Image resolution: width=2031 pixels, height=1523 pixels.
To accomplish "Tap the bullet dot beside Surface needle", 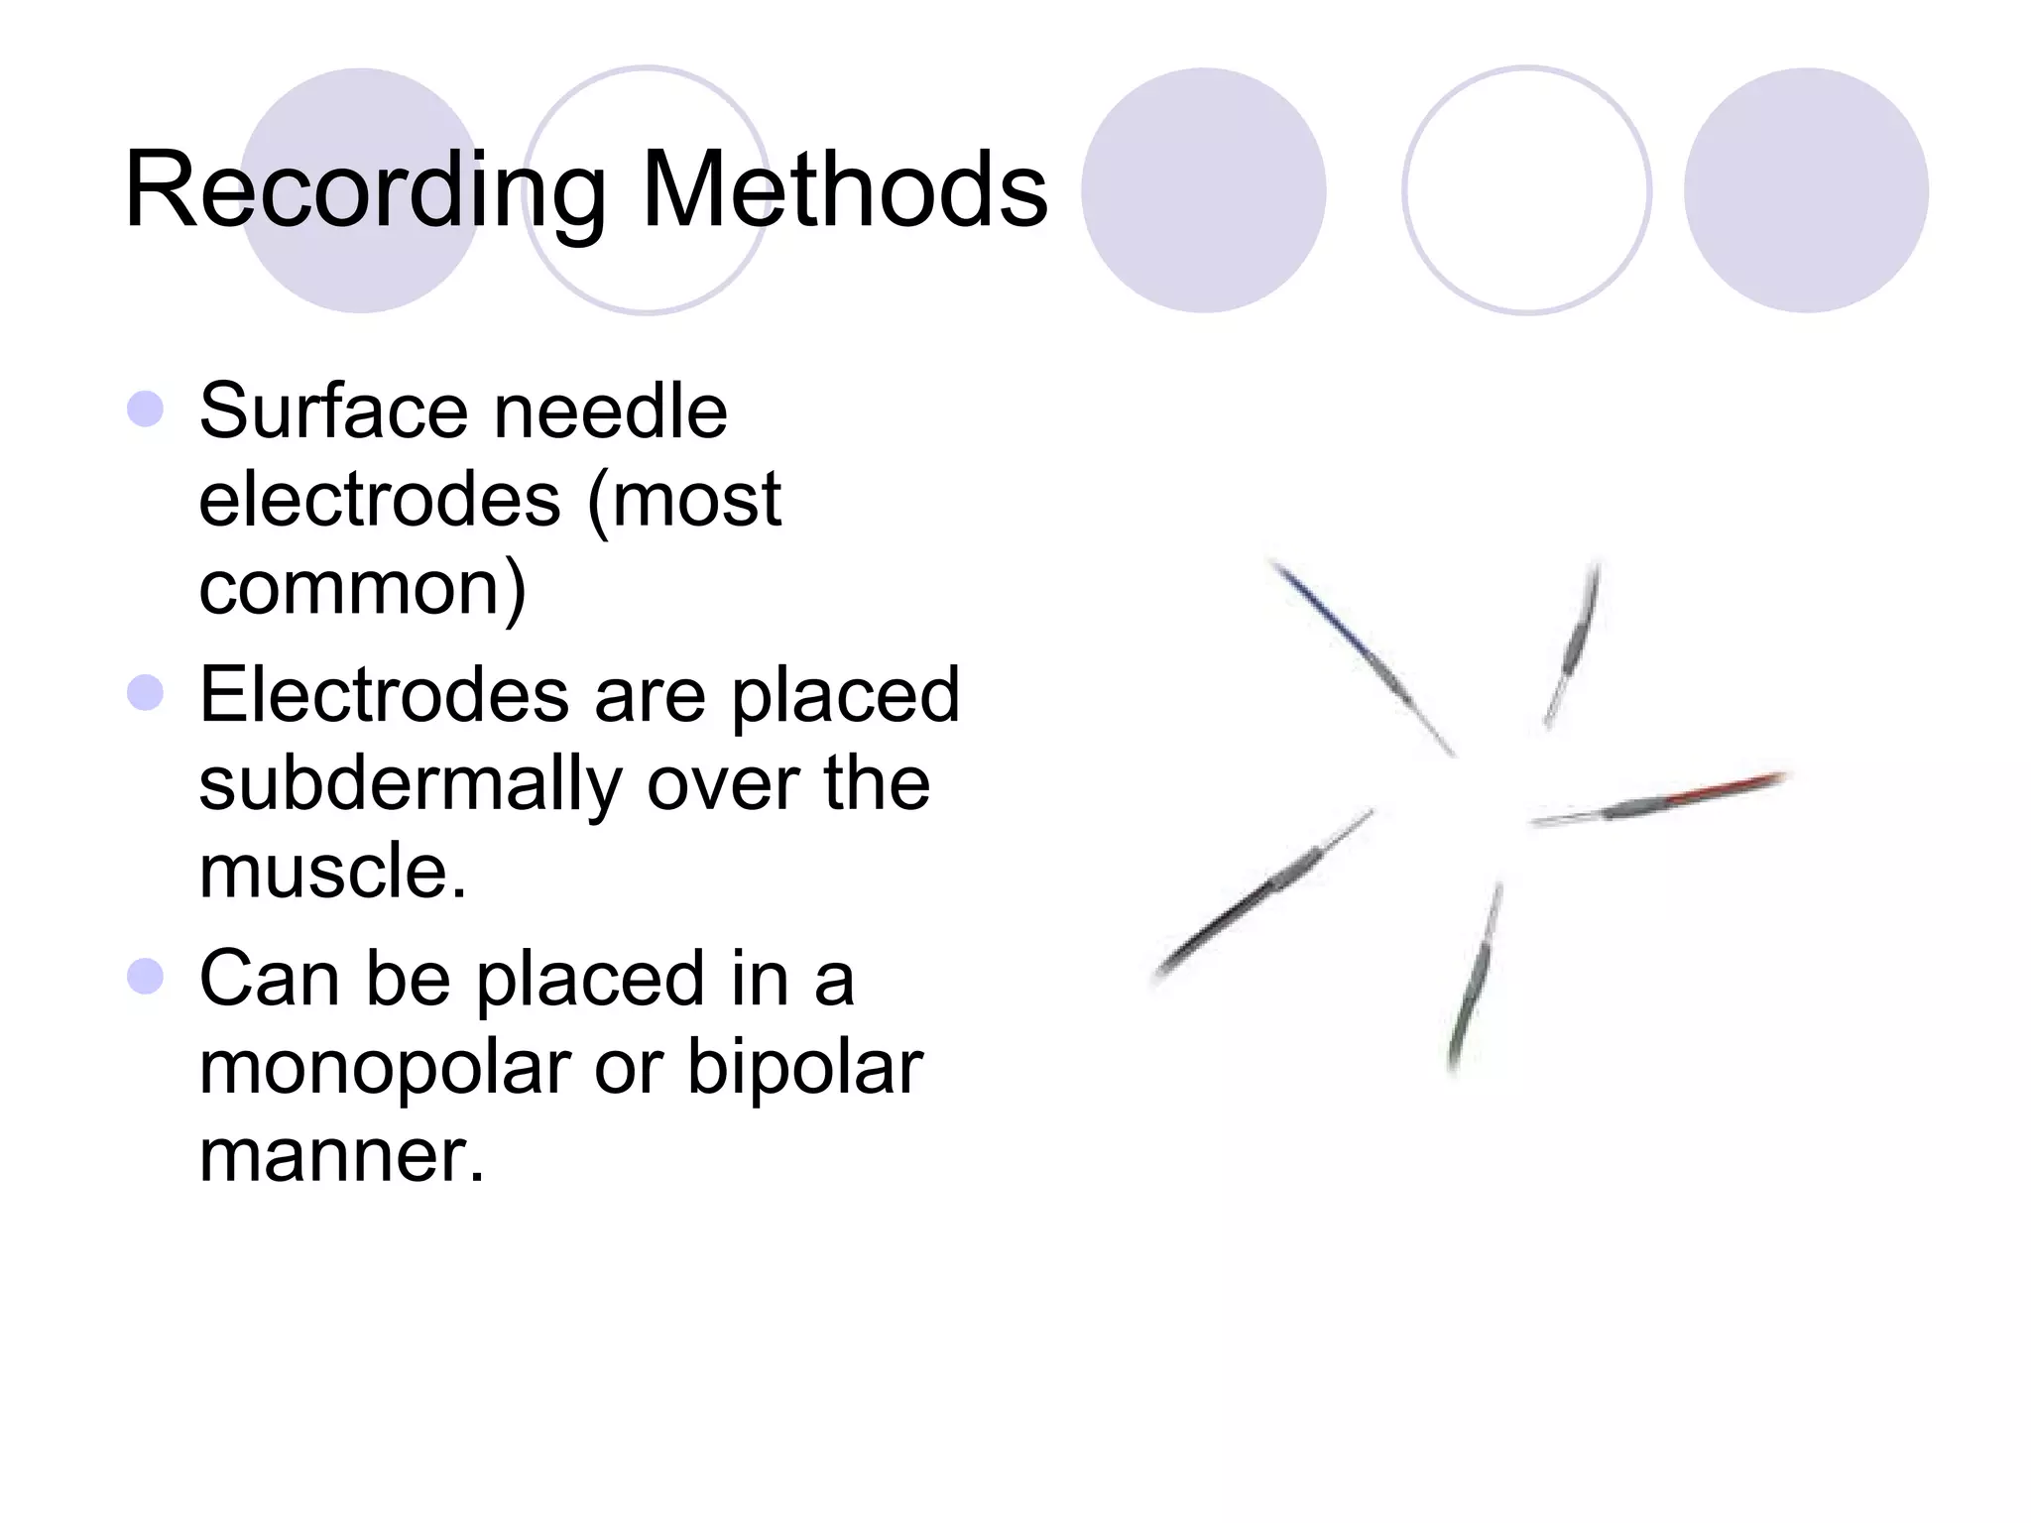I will pyautogui.click(x=146, y=409).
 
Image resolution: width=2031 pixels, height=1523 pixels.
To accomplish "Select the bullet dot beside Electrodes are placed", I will pyautogui.click(x=146, y=693).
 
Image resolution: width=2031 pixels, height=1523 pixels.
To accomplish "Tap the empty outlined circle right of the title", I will pyautogui.click(x=1526, y=190).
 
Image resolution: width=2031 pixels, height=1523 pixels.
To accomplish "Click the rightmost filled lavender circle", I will pyautogui.click(x=1806, y=190).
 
